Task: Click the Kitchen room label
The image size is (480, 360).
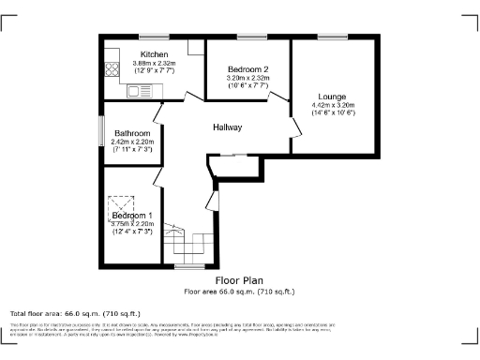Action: pos(154,54)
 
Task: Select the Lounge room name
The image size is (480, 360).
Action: pos(332,97)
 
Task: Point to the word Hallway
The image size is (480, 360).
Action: pos(228,127)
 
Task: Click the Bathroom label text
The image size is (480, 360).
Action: pos(131,133)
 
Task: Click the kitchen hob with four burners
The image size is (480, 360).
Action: pos(112,67)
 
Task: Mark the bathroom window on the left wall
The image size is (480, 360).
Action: pos(101,130)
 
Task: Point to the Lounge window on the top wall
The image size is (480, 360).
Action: pos(332,37)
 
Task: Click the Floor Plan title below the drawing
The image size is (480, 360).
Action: pos(239,280)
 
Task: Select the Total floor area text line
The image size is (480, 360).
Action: pos(75,313)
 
